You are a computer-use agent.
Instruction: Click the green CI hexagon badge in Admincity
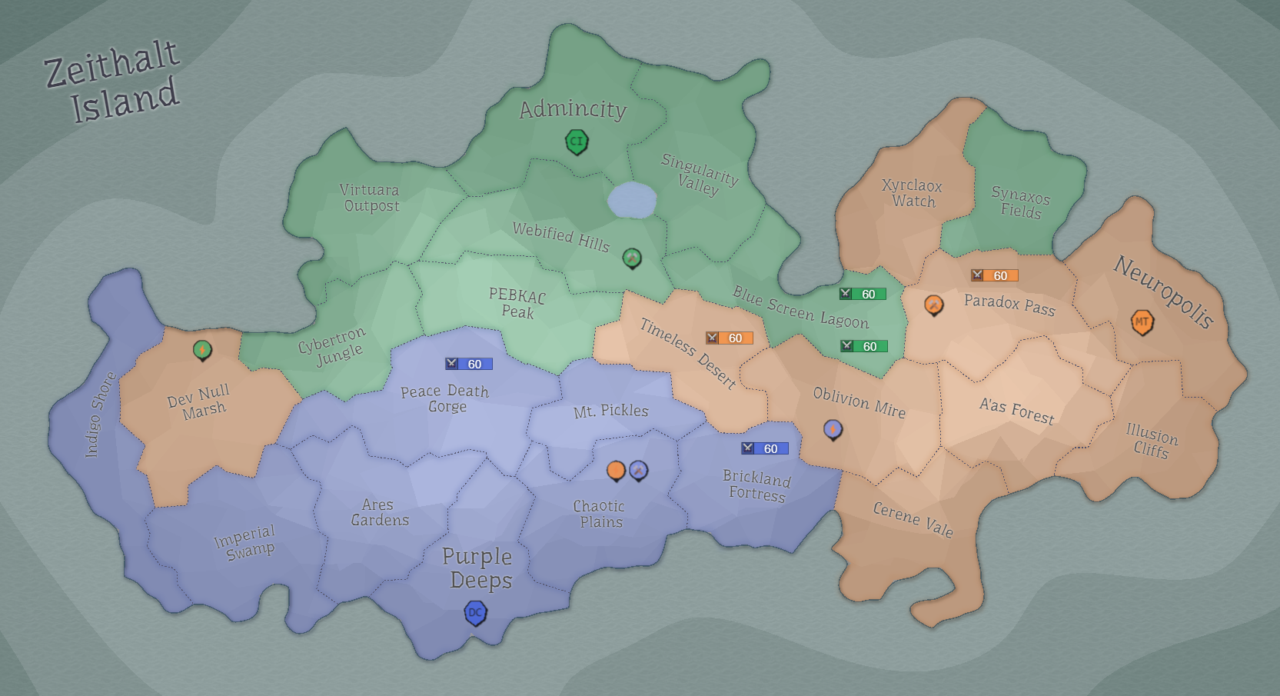pos(577,142)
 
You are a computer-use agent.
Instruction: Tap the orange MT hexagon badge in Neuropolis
pos(1142,321)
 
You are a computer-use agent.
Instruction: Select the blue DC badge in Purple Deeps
pos(476,613)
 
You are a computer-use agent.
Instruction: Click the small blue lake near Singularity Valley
pos(632,201)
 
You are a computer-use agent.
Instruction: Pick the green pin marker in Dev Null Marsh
pos(202,350)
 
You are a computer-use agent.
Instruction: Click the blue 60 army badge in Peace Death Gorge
pos(468,364)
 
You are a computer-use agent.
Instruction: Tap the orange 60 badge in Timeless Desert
pos(729,338)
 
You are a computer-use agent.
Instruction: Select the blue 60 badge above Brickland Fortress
pos(764,448)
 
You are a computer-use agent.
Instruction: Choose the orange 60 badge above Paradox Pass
pos(994,275)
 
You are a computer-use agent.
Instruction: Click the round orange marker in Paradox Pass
pos(933,305)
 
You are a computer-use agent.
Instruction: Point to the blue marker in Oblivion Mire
pos(833,429)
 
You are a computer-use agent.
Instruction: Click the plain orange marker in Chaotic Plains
pos(616,470)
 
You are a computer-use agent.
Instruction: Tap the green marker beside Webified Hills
pos(632,258)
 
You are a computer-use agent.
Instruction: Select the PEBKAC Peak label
pos(517,304)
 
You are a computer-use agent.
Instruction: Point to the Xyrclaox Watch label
pos(913,193)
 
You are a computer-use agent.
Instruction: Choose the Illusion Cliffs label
pos(1151,441)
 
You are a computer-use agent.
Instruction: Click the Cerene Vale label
pos(913,519)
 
